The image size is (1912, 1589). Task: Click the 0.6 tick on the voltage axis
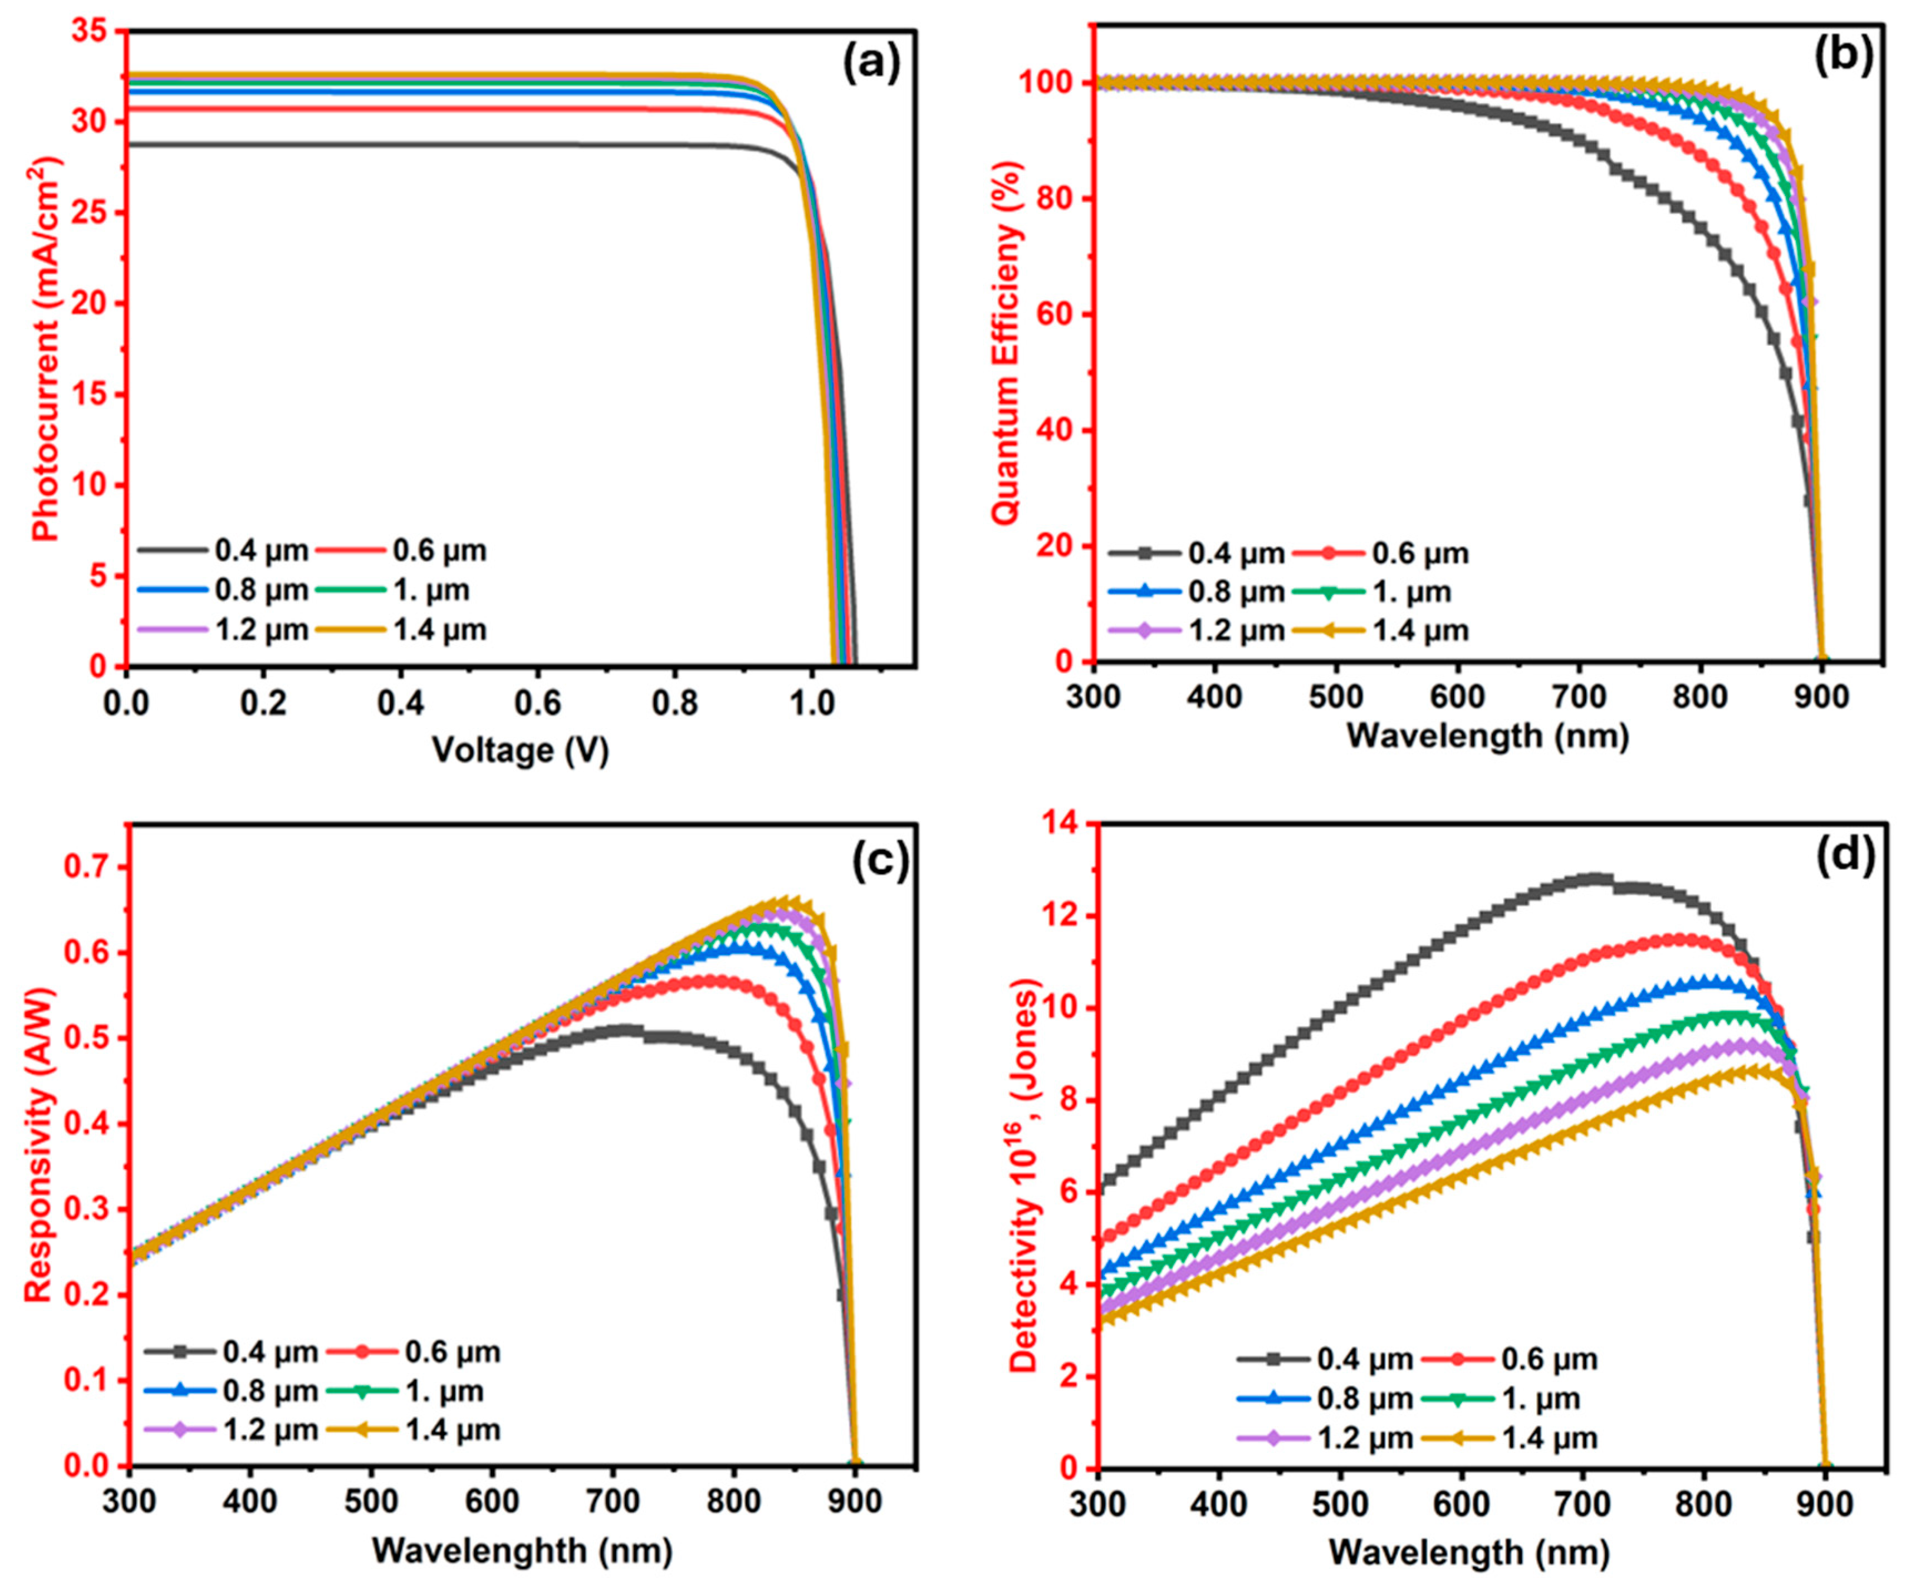pos(537,702)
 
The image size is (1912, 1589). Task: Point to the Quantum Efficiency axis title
pos(1007,342)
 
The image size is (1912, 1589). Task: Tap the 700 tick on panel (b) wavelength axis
pos(1579,697)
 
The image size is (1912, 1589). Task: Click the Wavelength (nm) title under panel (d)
pos(1468,1552)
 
